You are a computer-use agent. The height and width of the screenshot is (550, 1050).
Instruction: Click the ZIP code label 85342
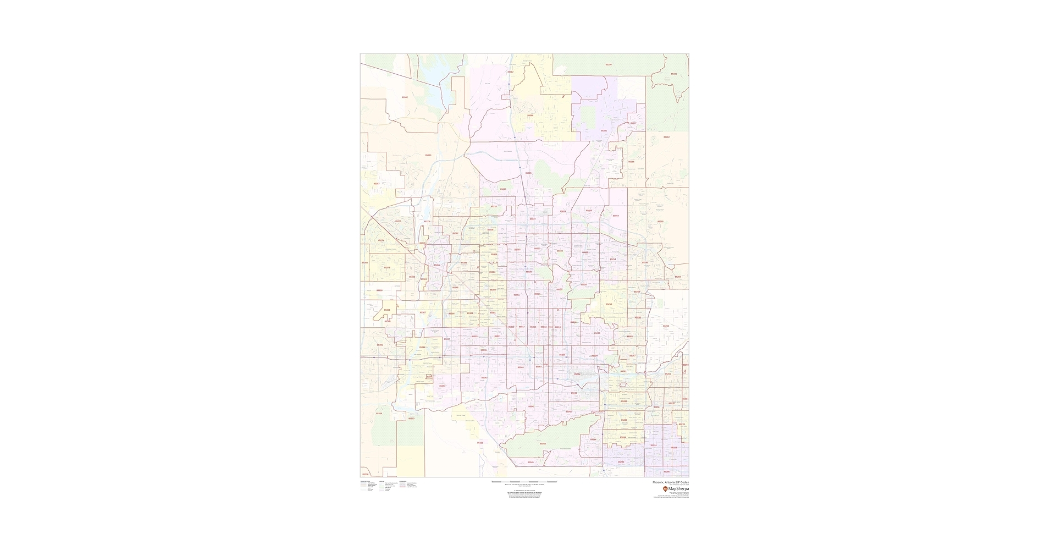point(405,97)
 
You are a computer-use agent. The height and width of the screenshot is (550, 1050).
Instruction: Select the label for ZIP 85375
point(398,221)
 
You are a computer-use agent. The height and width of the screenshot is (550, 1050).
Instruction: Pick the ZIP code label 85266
point(631,162)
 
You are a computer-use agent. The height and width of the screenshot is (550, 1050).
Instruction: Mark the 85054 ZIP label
point(615,216)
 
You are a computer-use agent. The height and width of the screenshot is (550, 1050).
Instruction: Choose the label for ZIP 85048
point(543,443)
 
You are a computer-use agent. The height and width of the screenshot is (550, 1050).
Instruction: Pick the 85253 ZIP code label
point(609,304)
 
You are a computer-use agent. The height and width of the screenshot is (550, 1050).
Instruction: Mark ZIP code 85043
point(484,377)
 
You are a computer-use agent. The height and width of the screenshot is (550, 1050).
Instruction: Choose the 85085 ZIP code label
point(528,173)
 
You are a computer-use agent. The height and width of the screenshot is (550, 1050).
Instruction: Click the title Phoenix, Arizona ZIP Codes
point(670,482)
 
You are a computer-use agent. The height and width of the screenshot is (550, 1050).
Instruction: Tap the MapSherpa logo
point(676,488)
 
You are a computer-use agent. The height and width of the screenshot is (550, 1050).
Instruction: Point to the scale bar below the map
point(524,482)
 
